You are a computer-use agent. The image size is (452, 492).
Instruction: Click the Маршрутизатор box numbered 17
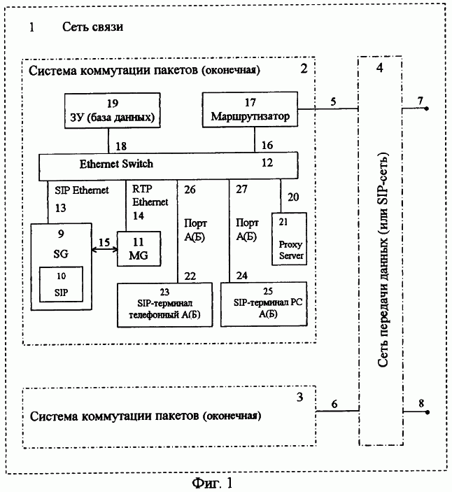[249, 110]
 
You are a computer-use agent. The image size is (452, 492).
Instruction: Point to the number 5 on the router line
[333, 101]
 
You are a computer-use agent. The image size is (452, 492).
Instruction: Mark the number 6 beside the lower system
[334, 404]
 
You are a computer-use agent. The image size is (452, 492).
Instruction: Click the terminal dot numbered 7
[427, 110]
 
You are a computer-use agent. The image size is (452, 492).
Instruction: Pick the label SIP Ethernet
[81, 190]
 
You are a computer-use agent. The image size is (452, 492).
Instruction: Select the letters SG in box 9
[61, 250]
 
